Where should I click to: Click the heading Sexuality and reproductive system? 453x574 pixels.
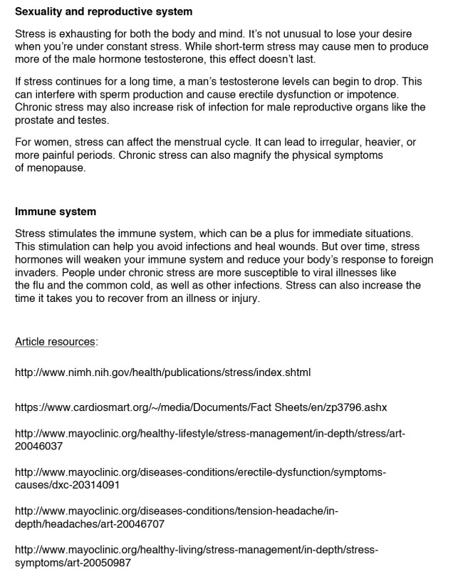pyautogui.click(x=103, y=12)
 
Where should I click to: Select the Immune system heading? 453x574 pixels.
pyautogui.click(x=55, y=212)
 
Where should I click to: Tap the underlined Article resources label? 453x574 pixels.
pyautogui.click(x=55, y=341)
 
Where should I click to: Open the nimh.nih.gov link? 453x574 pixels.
pyautogui.click(x=162, y=372)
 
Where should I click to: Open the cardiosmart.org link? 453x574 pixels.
pyautogui.click(x=200, y=407)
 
